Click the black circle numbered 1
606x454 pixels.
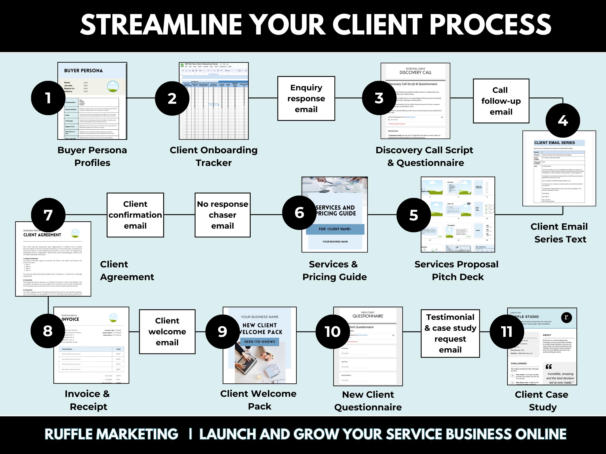pyautogui.click(x=48, y=98)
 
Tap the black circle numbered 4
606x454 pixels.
pyautogui.click(x=563, y=120)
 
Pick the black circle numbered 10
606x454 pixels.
pyautogui.click(x=333, y=332)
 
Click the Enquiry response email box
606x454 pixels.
pyautogui.click(x=306, y=99)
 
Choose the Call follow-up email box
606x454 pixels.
pyautogui.click(x=501, y=101)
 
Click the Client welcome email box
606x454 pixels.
pyautogui.click(x=167, y=332)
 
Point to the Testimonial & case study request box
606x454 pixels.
pyautogui.click(x=450, y=333)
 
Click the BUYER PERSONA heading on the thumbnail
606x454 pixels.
pyautogui.click(x=83, y=71)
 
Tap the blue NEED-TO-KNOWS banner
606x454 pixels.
pyautogui.click(x=259, y=342)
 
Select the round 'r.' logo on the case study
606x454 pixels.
pyautogui.click(x=566, y=317)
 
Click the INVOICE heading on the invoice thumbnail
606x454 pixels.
pyautogui.click(x=70, y=319)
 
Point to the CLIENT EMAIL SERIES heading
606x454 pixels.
pyautogui.click(x=554, y=143)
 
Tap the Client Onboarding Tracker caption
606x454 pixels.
pyautogui.click(x=213, y=156)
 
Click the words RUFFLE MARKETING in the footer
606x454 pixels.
pyautogui.click(x=111, y=434)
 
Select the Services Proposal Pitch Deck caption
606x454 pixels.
pyautogui.click(x=457, y=271)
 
